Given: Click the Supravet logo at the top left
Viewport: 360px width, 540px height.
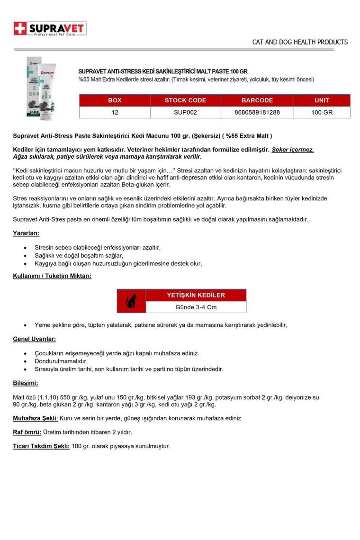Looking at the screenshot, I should pyautogui.click(x=50, y=29).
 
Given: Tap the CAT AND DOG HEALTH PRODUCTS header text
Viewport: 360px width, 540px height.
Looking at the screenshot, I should pyautogui.click(x=300, y=42).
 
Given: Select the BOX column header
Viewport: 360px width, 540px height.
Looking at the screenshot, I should pyautogui.click(x=115, y=100).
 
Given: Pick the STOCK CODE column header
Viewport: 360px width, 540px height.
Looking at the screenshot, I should pyautogui.click(x=185, y=100).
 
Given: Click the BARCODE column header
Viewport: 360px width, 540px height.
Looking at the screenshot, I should pyautogui.click(x=257, y=100).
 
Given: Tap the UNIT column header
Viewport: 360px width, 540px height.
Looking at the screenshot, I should pyautogui.click(x=322, y=100).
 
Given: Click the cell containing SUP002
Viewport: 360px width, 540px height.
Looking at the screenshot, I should pyautogui.click(x=185, y=113).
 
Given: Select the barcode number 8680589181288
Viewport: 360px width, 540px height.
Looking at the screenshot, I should pyautogui.click(x=257, y=113).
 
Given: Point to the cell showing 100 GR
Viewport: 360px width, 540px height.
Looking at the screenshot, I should pyautogui.click(x=322, y=113).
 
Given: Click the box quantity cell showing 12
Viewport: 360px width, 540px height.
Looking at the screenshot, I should pyautogui.click(x=115, y=113).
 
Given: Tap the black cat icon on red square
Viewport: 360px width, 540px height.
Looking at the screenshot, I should pyautogui.click(x=131, y=301).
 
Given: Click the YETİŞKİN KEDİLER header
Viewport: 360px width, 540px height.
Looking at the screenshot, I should pyautogui.click(x=196, y=295).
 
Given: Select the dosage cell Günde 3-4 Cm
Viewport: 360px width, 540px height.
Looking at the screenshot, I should pyautogui.click(x=196, y=307).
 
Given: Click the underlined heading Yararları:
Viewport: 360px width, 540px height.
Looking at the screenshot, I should pyautogui.click(x=26, y=233).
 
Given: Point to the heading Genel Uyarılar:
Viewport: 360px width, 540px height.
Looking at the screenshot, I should pyautogui.click(x=34, y=339).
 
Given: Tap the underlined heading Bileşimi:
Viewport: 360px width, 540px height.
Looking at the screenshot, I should pyautogui.click(x=26, y=383).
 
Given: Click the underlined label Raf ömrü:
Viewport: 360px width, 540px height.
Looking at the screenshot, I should pyautogui.click(x=27, y=432).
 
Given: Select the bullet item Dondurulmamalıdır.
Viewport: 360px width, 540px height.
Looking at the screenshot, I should pyautogui.click(x=61, y=361).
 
